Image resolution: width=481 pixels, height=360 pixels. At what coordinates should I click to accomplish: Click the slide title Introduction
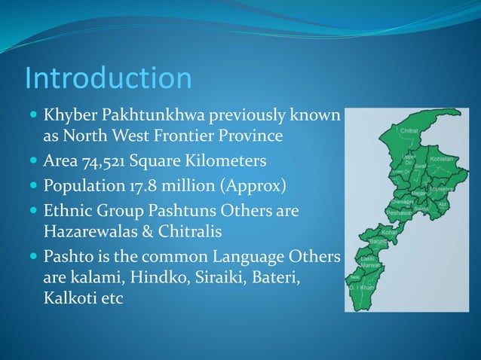108,78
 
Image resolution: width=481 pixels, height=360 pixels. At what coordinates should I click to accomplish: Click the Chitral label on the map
409,131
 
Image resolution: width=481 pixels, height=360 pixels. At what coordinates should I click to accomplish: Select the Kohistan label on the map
442,160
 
